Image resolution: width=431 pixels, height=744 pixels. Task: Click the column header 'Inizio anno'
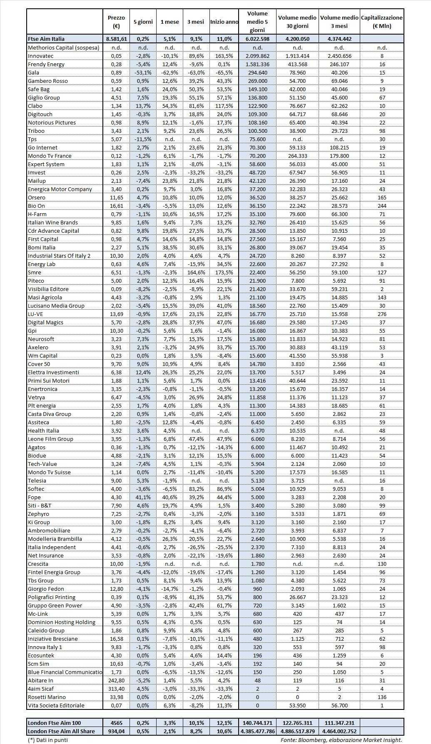point(224,22)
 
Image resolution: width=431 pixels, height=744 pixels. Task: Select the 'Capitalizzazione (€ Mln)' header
point(382,22)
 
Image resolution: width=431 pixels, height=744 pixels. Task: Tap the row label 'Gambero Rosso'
point(47,81)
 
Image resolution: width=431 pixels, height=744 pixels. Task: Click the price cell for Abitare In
point(116,680)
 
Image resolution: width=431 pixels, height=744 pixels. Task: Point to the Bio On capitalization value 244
point(382,206)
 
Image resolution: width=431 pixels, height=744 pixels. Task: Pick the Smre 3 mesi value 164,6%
point(196,272)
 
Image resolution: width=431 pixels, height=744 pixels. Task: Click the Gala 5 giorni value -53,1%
point(143,72)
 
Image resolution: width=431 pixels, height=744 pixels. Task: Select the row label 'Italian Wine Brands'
point(53,222)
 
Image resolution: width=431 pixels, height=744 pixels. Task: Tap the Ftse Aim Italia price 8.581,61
point(116,39)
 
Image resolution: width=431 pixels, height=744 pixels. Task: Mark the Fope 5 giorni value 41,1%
point(143,497)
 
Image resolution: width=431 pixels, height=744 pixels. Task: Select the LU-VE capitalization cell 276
point(382,314)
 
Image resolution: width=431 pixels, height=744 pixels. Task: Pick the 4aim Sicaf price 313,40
point(116,689)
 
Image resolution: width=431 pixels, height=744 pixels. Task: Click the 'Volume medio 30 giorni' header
point(297,22)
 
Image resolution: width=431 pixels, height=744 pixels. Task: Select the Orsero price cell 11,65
point(116,197)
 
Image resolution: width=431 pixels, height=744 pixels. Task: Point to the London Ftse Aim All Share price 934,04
point(116,731)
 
